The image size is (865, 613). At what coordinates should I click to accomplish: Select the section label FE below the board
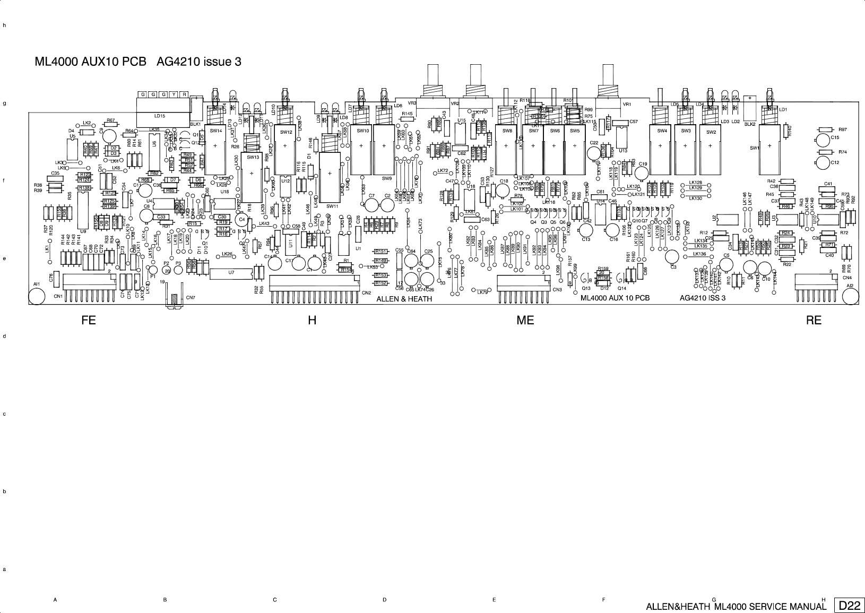pyautogui.click(x=89, y=320)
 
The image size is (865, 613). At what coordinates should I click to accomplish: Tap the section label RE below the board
pyautogui.click(x=814, y=320)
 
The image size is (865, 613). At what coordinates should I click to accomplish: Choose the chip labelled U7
pyautogui.click(x=230, y=273)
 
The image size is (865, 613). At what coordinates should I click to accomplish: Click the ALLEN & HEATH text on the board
pyautogui.click(x=404, y=299)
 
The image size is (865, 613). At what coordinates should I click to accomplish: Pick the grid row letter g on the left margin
pyautogui.click(x=4, y=103)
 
